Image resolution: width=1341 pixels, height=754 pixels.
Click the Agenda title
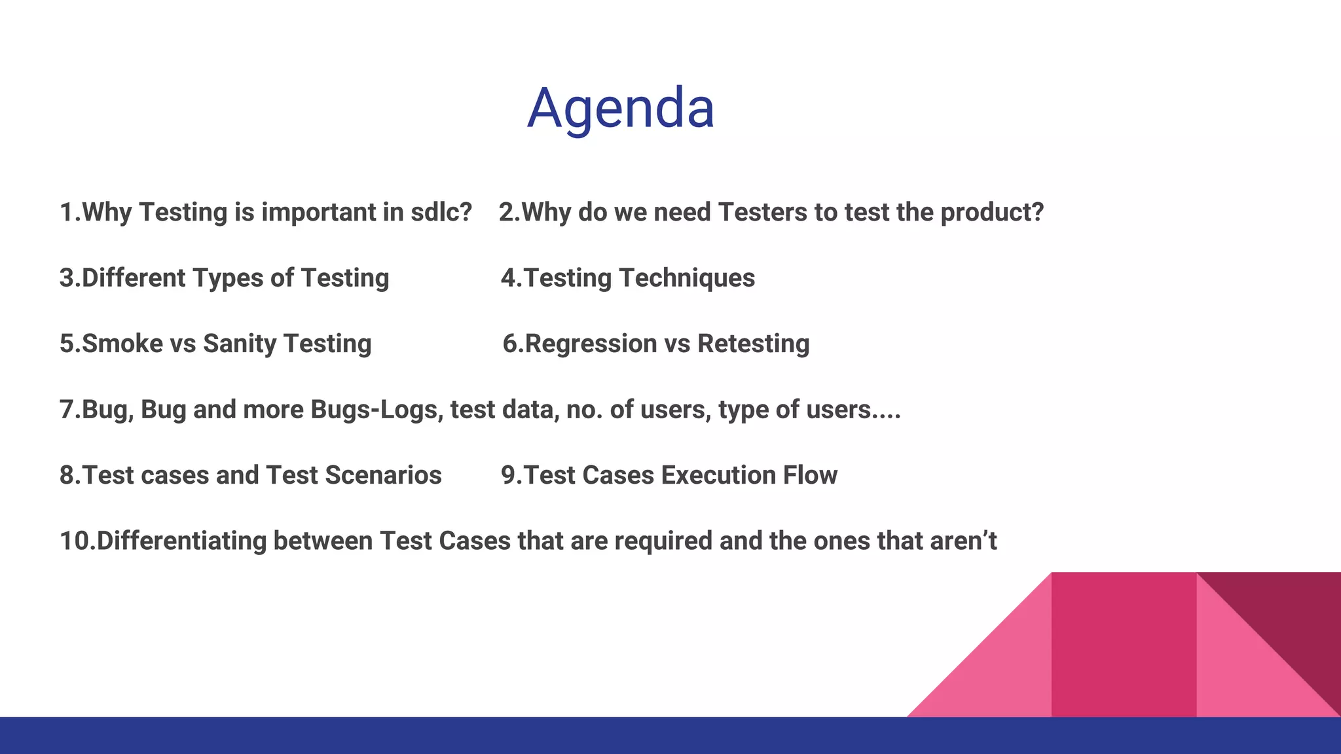(620, 108)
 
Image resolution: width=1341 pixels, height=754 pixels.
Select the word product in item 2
(991, 212)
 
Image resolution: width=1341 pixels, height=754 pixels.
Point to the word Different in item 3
(134, 278)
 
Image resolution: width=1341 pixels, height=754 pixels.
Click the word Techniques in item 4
(687, 278)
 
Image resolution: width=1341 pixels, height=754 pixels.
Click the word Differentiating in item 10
(181, 541)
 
